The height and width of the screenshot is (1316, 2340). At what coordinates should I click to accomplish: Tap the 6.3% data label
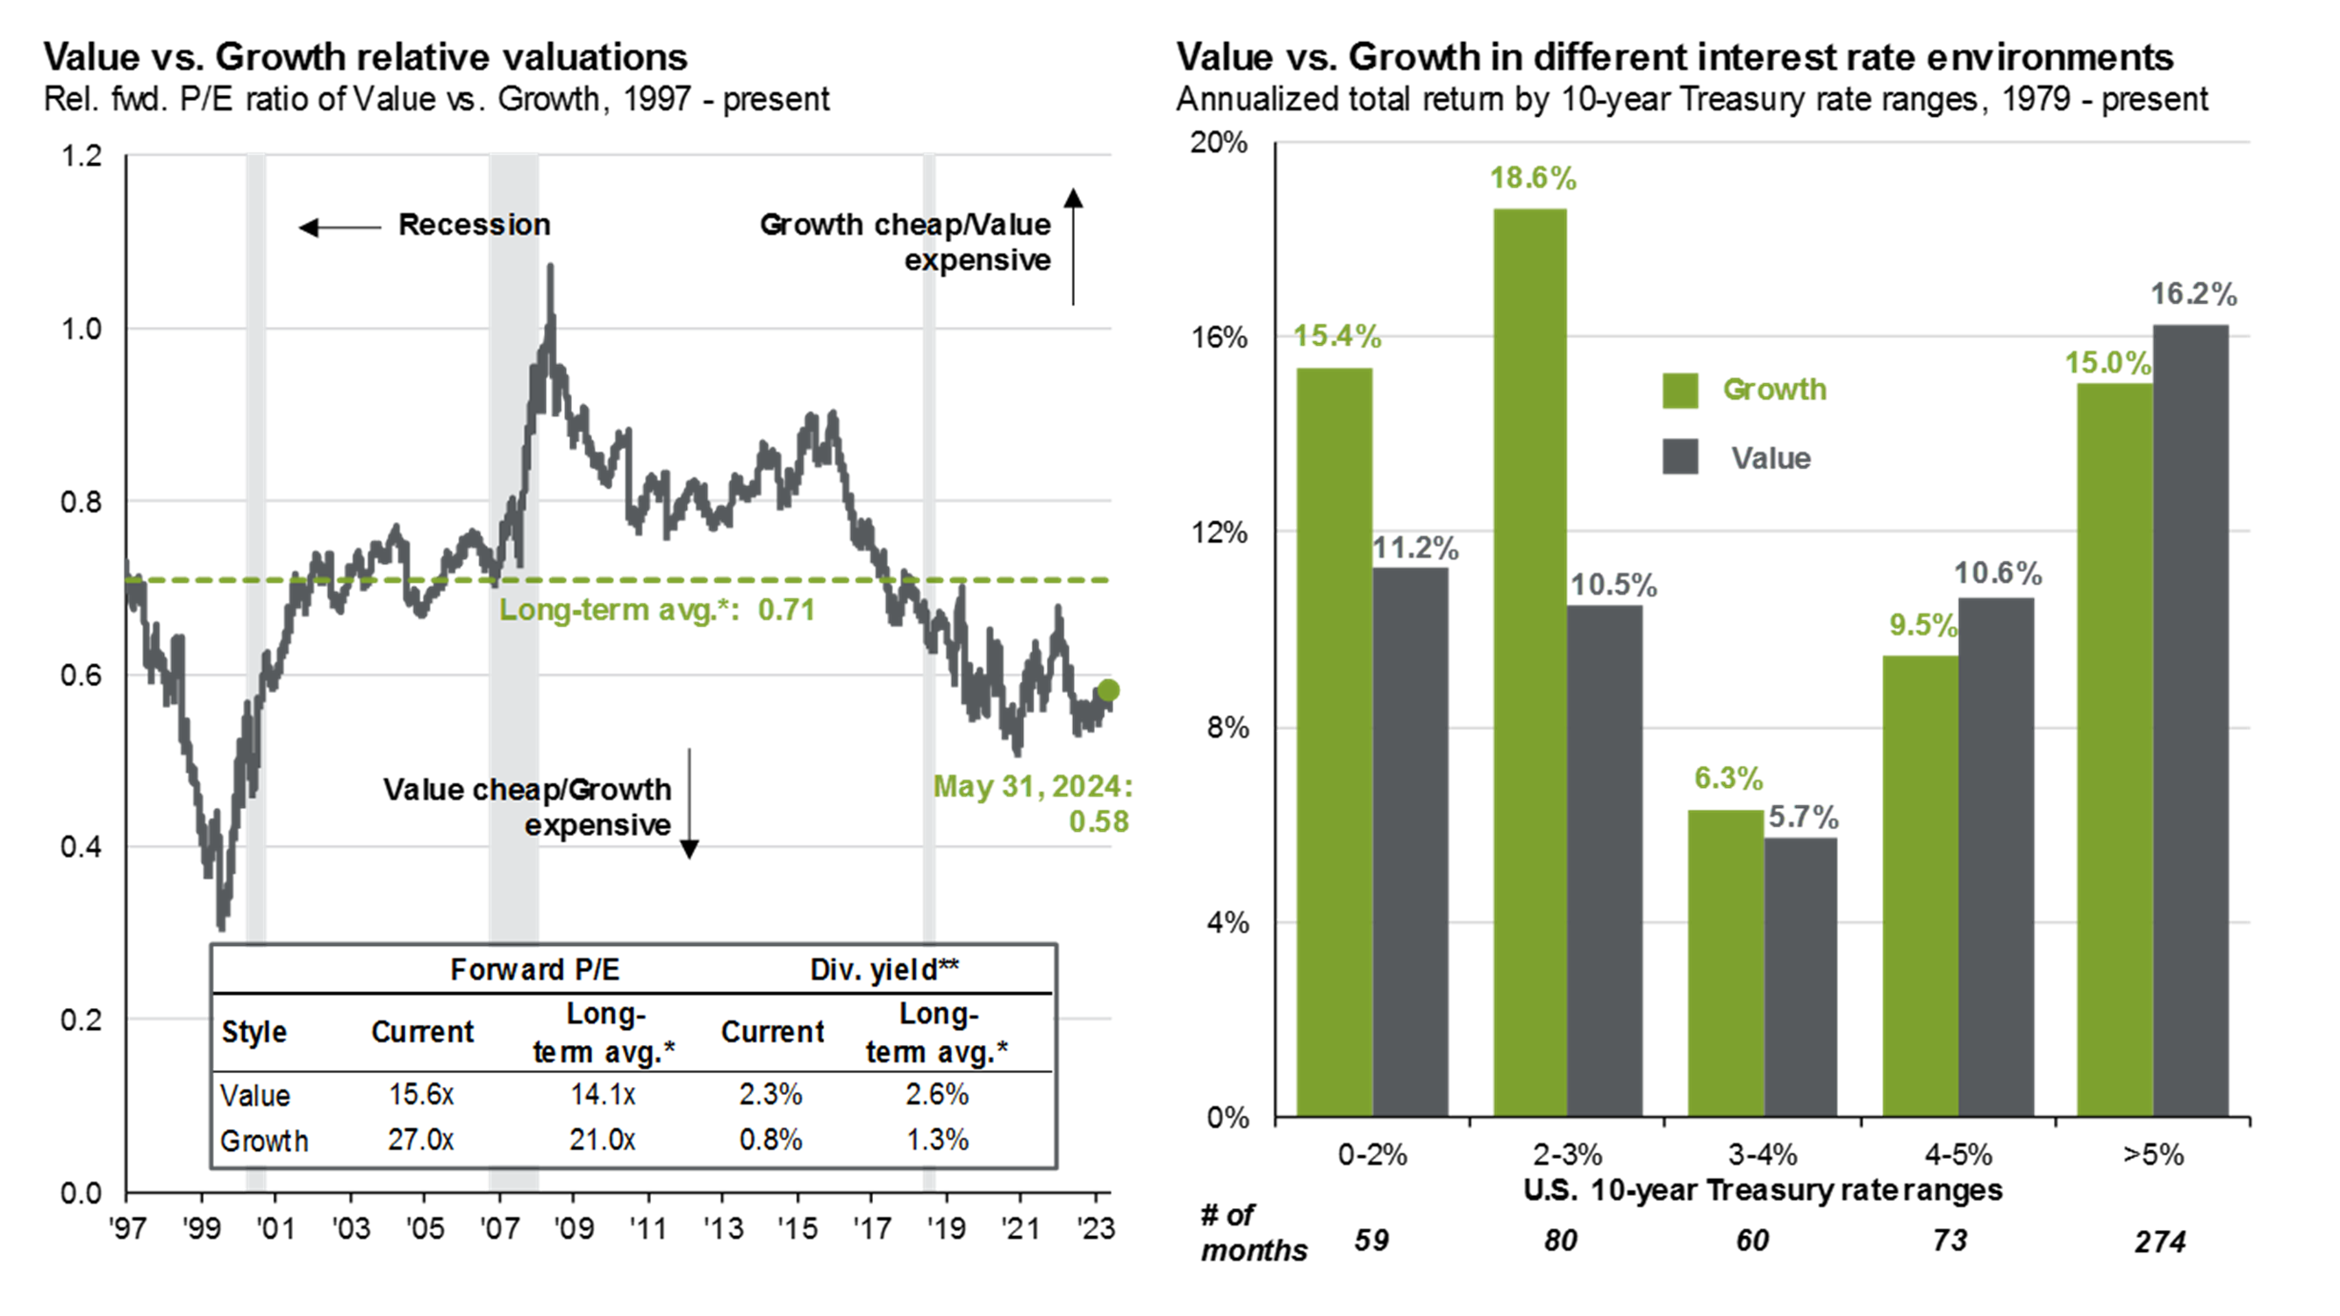tap(1728, 778)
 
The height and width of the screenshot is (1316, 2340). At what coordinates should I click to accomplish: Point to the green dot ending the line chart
tap(1108, 690)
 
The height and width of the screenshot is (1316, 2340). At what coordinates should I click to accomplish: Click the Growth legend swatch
tap(1679, 390)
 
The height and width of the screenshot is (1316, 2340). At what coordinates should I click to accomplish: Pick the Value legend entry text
tap(1771, 458)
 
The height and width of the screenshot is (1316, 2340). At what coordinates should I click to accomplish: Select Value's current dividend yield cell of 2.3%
tap(770, 1094)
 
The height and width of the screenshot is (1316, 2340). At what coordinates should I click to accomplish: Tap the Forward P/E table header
tap(534, 970)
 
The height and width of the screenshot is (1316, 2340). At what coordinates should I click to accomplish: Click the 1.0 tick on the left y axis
tap(81, 329)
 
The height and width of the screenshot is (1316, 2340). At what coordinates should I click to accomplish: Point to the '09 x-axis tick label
tap(573, 1229)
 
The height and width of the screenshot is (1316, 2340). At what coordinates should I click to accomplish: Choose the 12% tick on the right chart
tap(1219, 533)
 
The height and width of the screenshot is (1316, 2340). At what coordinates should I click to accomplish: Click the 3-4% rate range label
tap(1763, 1155)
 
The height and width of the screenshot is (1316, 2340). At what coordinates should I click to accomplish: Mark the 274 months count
tap(2159, 1241)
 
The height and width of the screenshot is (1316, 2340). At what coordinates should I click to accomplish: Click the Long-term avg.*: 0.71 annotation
tap(657, 610)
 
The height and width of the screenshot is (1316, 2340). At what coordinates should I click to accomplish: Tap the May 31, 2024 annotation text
tap(1033, 786)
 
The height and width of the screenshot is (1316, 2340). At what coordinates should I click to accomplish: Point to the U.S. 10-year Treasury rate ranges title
tap(1763, 1190)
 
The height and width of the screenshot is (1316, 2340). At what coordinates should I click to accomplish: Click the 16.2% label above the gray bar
tap(2193, 294)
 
